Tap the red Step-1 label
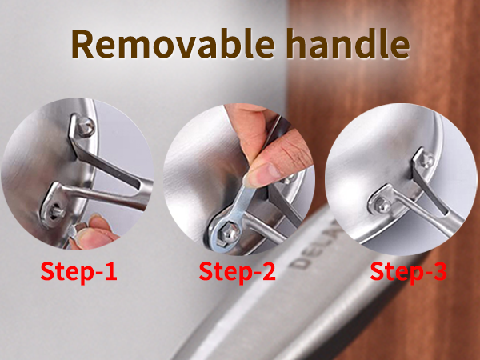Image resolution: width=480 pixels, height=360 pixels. coord(78,271)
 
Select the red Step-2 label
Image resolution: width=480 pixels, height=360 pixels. coord(238,271)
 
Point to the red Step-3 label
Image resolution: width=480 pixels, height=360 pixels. coord(408,271)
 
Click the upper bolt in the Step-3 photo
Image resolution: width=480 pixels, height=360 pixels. coord(426,160)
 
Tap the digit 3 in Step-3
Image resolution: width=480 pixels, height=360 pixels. coord(437,271)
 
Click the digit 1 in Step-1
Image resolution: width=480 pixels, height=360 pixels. coord(109,271)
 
